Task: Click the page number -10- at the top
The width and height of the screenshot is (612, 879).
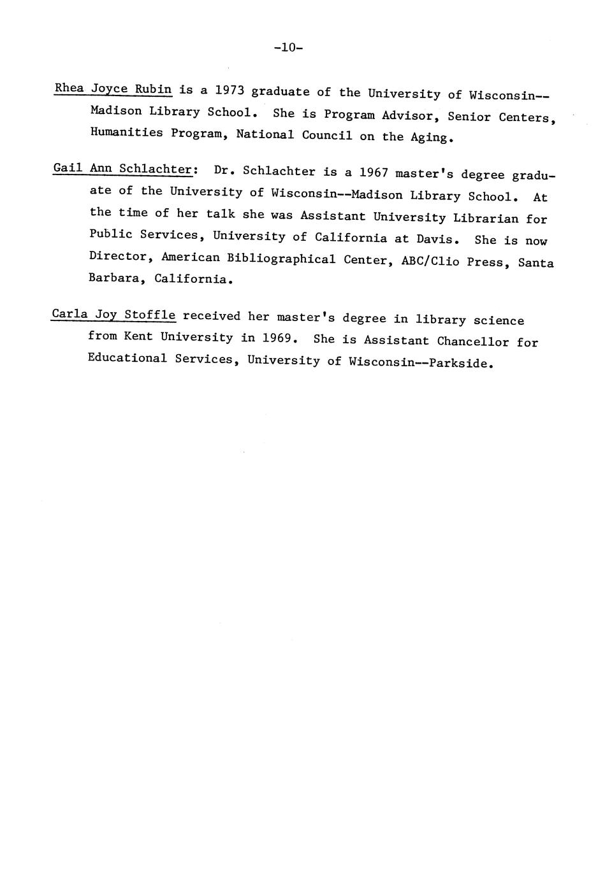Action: pos(288,48)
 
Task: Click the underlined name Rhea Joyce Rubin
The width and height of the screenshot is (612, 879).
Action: pos(113,89)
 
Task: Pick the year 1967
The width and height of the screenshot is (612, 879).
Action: pos(374,173)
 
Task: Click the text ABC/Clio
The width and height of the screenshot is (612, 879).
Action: pos(430,261)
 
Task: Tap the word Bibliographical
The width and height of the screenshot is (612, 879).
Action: pos(281,259)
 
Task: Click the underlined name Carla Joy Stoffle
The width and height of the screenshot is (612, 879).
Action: pos(113,315)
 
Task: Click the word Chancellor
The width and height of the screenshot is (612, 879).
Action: pos(473,341)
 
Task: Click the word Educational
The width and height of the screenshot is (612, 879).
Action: pos(127,358)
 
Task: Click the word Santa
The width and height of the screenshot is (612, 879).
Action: pos(536,262)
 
